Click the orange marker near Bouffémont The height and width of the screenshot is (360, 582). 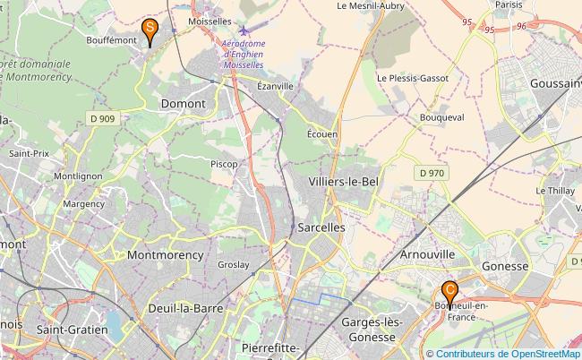point(152,31)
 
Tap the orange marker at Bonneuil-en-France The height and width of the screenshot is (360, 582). point(450,293)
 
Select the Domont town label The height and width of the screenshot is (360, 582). point(183,104)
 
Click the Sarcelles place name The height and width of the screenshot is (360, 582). point(321,227)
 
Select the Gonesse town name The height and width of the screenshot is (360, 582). point(506,266)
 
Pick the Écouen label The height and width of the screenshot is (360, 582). point(322,133)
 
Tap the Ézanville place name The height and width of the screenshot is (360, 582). point(275,86)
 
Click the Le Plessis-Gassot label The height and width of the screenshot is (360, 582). point(413,78)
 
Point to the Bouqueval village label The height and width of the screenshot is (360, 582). point(441,117)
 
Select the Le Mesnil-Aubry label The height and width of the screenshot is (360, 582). point(371,5)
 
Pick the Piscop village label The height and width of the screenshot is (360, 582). point(224,164)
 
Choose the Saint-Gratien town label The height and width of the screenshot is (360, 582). point(72,330)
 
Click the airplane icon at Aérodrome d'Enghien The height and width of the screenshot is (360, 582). point(245,31)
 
